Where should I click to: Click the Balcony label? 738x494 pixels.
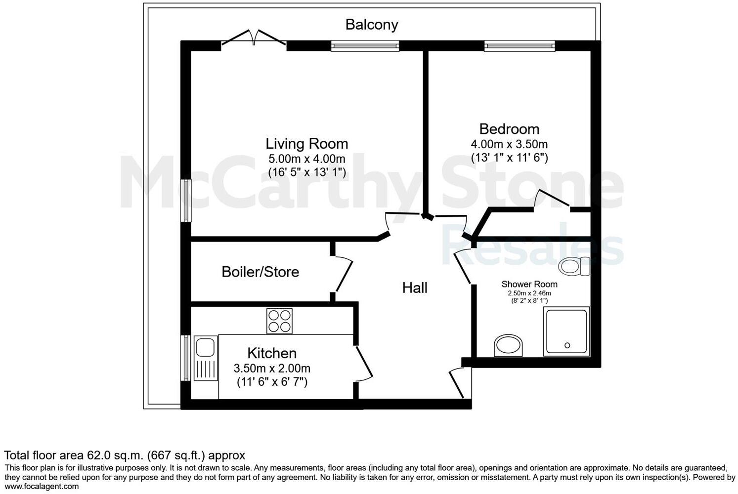(371, 24)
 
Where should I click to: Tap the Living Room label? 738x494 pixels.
(306, 144)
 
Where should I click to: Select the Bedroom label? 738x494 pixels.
(509, 129)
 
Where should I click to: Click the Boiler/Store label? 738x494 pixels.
(260, 272)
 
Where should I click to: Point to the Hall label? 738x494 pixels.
(414, 288)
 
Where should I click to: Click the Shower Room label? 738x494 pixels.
(529, 284)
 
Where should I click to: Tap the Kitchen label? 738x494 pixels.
(272, 353)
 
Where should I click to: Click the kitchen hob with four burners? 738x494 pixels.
(279, 321)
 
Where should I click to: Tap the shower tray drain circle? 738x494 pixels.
(567, 345)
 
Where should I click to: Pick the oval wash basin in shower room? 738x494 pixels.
(509, 345)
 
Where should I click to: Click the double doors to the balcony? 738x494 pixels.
(254, 40)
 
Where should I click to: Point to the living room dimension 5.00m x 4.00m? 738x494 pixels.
(306, 159)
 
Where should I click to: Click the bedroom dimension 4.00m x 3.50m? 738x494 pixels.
(509, 144)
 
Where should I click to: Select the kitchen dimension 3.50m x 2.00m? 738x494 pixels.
(272, 369)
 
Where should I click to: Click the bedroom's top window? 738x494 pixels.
(520, 46)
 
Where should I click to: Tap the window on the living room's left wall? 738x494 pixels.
(186, 201)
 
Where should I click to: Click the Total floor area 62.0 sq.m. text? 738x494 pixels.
(124, 455)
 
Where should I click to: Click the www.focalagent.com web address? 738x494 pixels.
(42, 487)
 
